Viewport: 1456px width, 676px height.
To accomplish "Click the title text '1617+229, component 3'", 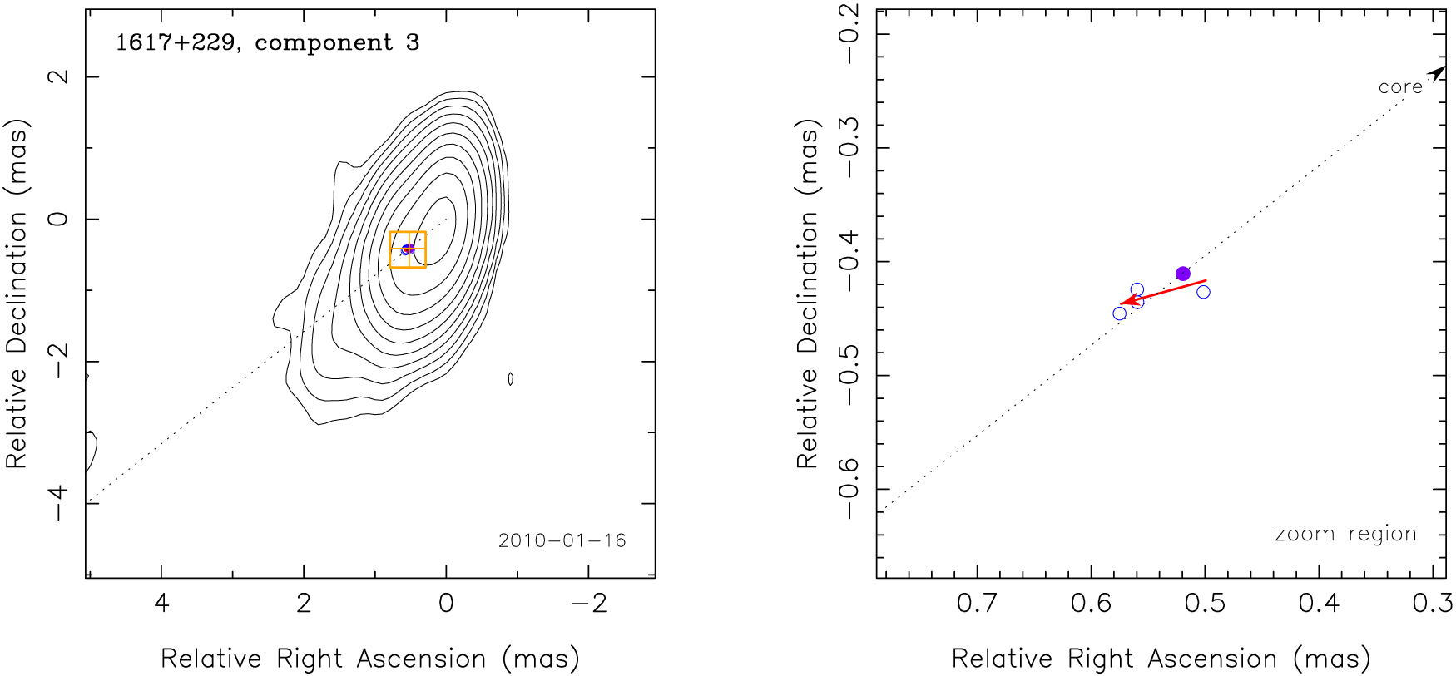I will tap(267, 42).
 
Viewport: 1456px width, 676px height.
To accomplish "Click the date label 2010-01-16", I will tap(562, 540).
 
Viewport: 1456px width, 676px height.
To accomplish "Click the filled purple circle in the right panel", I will tap(1183, 274).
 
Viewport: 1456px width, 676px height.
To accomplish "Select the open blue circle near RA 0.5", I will tap(1203, 292).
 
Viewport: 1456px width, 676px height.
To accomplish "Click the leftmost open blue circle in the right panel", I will tap(1120, 313).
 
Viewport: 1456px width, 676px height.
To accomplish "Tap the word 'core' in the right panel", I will tap(1400, 86).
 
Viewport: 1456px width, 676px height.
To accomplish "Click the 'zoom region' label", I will tap(1345, 534).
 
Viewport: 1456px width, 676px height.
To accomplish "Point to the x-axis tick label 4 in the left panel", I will tap(161, 603).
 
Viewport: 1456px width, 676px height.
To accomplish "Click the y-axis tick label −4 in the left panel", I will tap(58, 503).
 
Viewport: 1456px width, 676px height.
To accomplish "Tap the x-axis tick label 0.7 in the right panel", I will tap(977, 603).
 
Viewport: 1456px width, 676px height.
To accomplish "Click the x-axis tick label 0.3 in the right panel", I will tap(1433, 603).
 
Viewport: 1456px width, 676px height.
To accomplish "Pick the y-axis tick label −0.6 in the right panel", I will tap(849, 490).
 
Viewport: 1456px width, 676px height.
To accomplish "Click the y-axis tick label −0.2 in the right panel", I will tap(849, 34).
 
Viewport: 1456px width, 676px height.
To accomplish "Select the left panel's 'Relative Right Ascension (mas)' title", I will tap(369, 659).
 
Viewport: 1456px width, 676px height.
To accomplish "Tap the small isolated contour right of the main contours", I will tap(510, 378).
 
